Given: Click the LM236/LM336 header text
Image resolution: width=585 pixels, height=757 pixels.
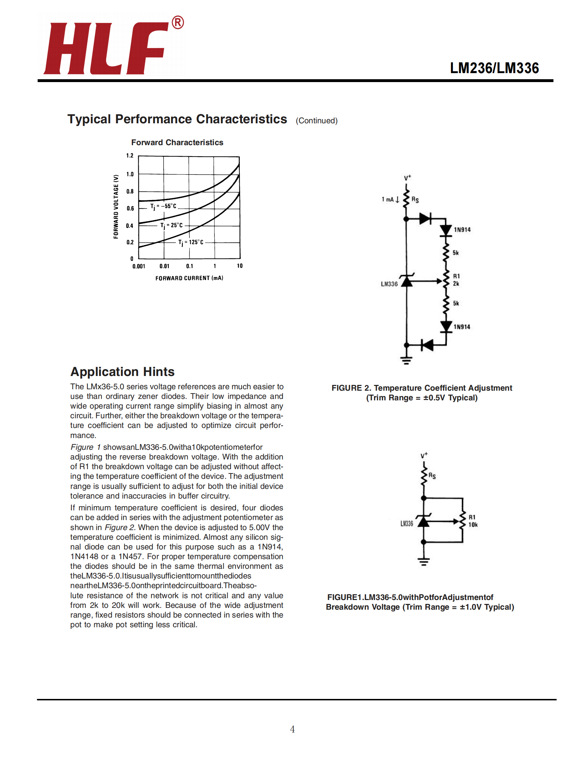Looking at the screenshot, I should [x=494, y=68].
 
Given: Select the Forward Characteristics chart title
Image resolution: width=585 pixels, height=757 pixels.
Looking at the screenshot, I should [x=177, y=143].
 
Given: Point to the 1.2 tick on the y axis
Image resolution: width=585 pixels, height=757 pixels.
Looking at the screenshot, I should [x=130, y=156].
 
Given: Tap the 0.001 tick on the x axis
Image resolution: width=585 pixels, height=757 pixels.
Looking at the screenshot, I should [x=139, y=266].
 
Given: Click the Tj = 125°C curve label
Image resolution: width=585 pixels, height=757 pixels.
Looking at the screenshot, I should [x=191, y=243].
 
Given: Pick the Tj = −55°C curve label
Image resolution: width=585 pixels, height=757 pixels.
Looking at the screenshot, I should [x=163, y=206].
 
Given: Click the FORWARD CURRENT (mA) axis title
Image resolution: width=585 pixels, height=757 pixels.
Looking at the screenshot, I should [x=189, y=278].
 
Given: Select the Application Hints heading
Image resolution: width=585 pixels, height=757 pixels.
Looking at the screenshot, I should [x=122, y=372].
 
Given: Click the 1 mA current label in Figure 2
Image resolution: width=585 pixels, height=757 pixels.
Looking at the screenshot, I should [x=388, y=199].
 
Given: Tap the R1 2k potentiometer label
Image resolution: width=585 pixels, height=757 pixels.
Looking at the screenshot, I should [x=456, y=280].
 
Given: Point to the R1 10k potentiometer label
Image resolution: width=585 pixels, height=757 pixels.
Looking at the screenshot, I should [x=473, y=521].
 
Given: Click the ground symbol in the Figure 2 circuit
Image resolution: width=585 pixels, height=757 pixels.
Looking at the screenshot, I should [x=406, y=360].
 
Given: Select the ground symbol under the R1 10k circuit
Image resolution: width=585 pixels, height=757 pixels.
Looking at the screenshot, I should [x=424, y=562].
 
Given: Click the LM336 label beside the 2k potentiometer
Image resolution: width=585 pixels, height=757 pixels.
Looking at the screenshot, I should [x=389, y=284].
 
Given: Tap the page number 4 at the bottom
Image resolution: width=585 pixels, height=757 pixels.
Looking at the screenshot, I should [x=292, y=729].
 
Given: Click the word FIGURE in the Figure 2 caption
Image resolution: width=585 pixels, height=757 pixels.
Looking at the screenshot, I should [x=347, y=388].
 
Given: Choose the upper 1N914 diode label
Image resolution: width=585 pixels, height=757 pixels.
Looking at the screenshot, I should [x=462, y=230].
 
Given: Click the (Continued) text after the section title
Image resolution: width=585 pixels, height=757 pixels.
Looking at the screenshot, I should [x=317, y=121].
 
